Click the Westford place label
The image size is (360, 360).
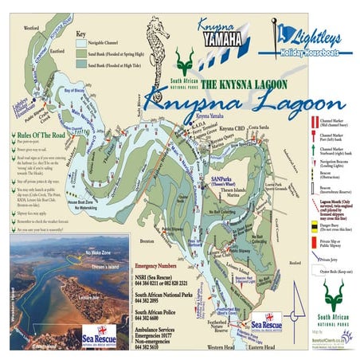(32, 28)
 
